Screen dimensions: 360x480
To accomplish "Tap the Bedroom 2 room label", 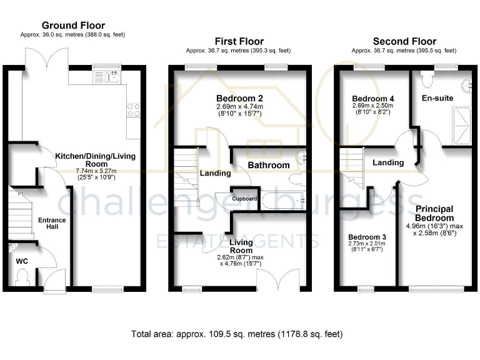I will [239, 99].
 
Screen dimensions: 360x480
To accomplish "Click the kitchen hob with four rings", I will [134, 109].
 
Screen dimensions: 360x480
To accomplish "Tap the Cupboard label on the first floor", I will [245, 199].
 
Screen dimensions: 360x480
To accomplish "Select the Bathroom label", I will [269, 165].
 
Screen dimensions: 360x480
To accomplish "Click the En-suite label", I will [437, 98].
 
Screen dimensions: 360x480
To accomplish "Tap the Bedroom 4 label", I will [373, 99].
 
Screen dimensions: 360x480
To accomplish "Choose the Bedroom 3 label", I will [367, 237].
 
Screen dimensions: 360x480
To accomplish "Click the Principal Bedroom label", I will [434, 213].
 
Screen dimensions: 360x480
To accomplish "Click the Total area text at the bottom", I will [237, 334].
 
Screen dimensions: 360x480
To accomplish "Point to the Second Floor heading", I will [404, 42].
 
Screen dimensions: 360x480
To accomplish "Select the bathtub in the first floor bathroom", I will [282, 201].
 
